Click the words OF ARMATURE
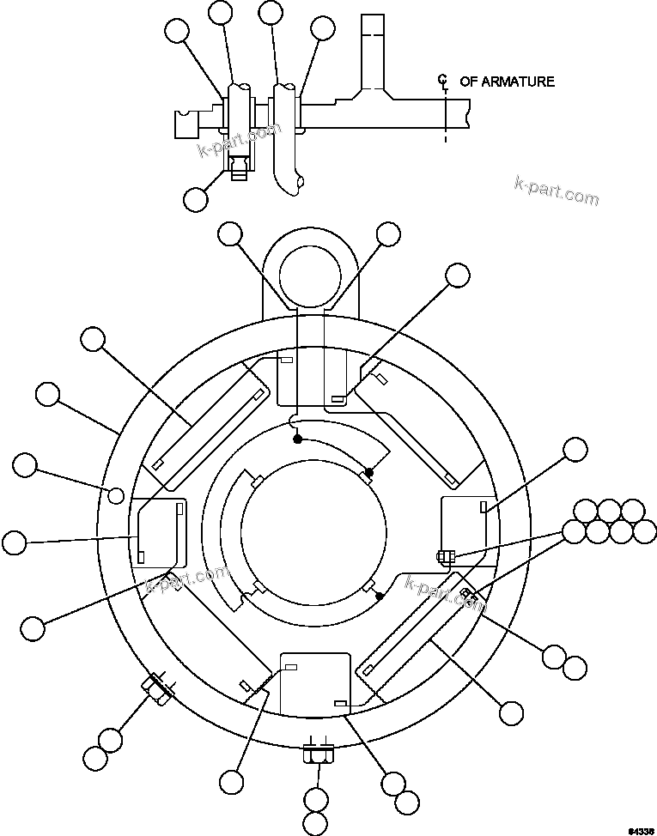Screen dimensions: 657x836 (x=507, y=82)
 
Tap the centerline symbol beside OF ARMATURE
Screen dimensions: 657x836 (x=443, y=82)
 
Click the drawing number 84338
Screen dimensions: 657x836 (x=639, y=829)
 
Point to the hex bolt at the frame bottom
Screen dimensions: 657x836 (x=318, y=756)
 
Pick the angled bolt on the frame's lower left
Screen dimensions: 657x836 (x=157, y=688)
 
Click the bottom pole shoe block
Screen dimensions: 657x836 (x=315, y=683)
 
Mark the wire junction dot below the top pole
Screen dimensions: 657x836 (x=298, y=439)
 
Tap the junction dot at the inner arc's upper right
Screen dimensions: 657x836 (x=369, y=471)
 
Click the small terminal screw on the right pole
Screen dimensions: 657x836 (x=442, y=556)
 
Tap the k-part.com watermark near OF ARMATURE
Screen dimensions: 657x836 (x=556, y=191)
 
